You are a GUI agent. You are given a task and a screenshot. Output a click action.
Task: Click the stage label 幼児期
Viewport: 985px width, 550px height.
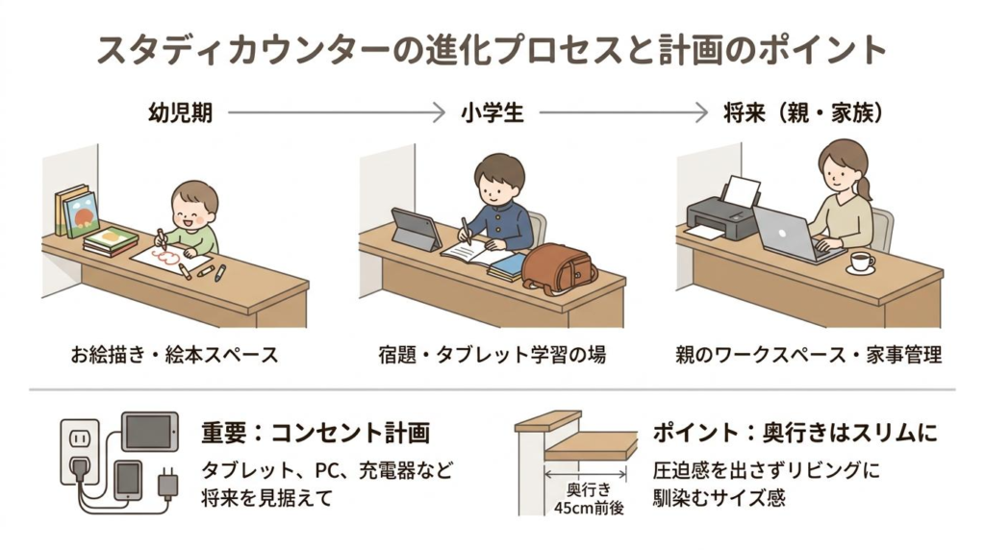point(180,112)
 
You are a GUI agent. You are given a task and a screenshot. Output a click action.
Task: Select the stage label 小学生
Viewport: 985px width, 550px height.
point(492,112)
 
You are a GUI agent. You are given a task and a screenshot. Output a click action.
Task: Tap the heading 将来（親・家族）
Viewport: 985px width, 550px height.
point(803,112)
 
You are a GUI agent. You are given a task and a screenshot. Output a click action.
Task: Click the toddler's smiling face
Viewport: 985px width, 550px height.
point(193,207)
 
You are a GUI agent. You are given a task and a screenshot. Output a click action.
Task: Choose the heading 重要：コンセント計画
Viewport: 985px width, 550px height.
point(315,433)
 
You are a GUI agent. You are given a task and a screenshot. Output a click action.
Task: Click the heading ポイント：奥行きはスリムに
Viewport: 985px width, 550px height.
point(795,433)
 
